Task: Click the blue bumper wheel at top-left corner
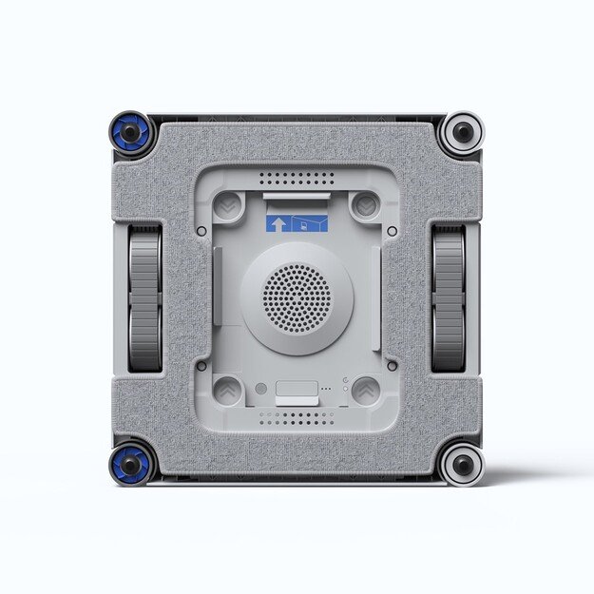click(x=130, y=132)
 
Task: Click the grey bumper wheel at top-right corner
click(x=463, y=132)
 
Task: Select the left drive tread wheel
click(x=144, y=298)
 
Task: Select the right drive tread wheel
click(x=449, y=298)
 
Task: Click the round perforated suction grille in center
click(x=297, y=297)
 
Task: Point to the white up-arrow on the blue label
click(x=278, y=224)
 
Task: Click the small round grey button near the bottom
click(x=261, y=389)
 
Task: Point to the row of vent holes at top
click(x=297, y=178)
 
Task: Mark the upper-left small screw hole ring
click(x=201, y=231)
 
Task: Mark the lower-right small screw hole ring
click(x=392, y=365)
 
